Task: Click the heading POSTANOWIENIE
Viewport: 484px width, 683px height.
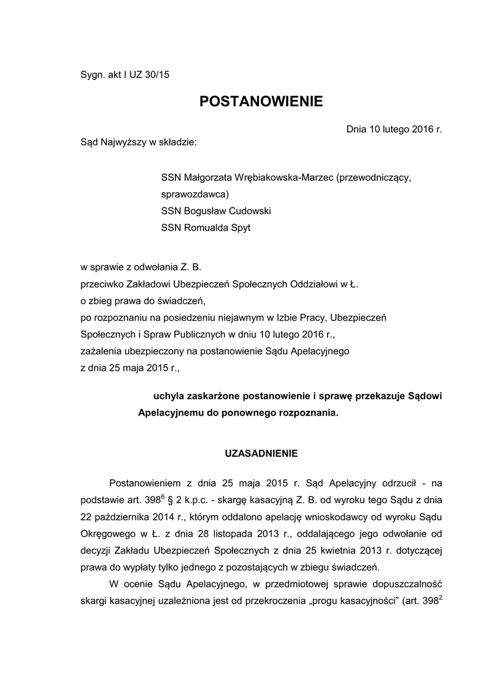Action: point(261,102)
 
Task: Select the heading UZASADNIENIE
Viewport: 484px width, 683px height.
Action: point(261,453)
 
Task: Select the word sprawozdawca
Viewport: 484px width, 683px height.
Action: point(194,195)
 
